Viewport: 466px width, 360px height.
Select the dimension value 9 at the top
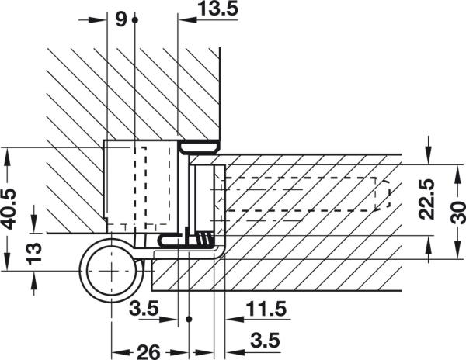(120, 20)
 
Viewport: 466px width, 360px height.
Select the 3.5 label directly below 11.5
(264, 339)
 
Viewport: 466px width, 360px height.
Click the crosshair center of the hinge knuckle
(114, 269)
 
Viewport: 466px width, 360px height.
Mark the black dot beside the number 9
(135, 20)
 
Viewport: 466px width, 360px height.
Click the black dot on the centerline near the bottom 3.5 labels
(190, 319)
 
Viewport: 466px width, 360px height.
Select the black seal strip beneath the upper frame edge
(201, 145)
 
